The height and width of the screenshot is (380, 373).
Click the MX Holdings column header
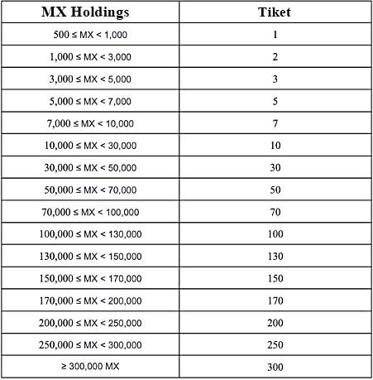(90, 14)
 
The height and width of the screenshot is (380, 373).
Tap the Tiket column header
(275, 14)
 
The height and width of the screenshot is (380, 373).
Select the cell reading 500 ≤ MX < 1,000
(90, 36)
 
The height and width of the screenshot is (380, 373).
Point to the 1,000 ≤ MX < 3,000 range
(90, 58)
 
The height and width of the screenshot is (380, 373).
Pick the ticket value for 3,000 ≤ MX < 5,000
(275, 80)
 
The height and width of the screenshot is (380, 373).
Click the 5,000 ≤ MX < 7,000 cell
(90, 102)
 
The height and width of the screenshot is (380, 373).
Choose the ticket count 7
(275, 124)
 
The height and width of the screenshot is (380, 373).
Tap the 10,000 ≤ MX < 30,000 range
(90, 146)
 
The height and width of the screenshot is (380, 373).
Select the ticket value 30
(275, 168)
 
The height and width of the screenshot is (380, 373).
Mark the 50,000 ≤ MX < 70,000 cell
(90, 190)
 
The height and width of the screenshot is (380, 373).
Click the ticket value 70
(275, 212)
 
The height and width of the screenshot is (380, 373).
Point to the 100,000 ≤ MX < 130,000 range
(90, 234)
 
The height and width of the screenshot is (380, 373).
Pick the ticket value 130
(275, 256)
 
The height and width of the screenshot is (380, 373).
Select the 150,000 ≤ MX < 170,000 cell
(90, 278)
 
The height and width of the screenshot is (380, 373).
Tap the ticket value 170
(275, 300)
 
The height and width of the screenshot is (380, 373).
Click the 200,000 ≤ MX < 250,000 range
(90, 322)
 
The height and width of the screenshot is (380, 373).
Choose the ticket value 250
(275, 344)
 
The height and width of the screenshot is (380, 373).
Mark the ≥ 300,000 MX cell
(90, 366)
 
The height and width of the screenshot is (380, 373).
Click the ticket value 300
(275, 366)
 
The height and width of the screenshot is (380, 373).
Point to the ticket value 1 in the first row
(275, 36)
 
